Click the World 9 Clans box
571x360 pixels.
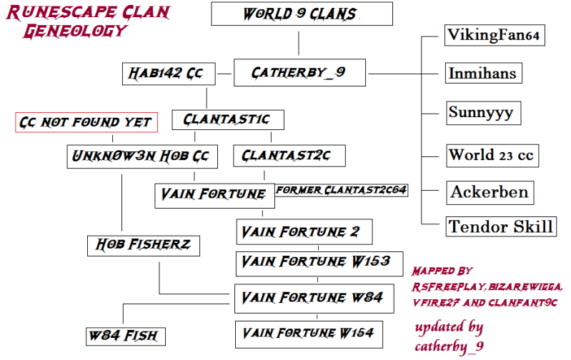pos(302,14)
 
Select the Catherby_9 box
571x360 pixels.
pos(299,72)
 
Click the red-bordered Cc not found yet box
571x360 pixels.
pos(86,122)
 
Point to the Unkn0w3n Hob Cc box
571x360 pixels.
pos(143,156)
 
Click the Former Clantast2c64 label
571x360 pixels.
pos(342,190)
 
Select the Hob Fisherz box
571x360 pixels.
pos(144,246)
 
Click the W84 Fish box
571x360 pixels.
pos(122,335)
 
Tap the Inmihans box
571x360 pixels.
pos(482,73)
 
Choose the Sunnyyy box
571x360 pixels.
pos(481,113)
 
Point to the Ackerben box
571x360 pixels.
pos(490,191)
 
